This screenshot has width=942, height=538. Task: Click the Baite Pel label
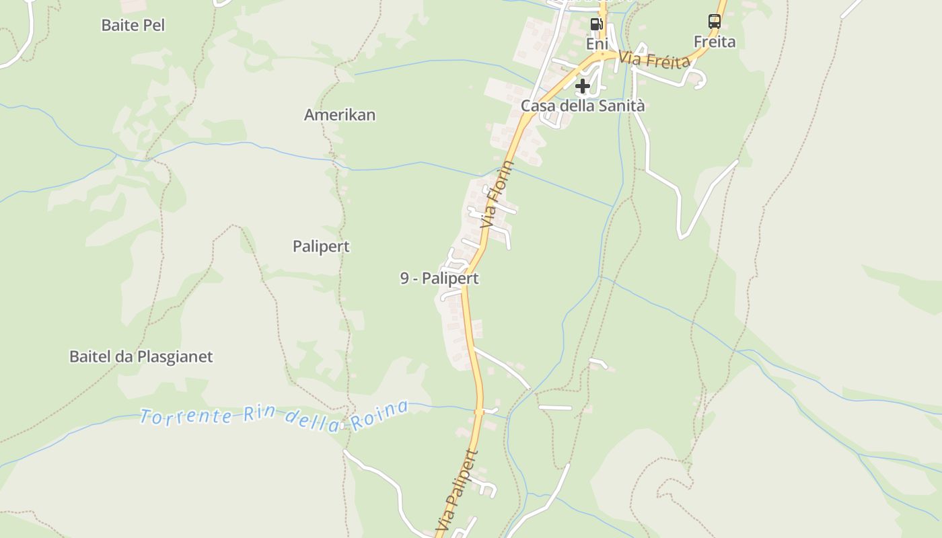coord(133,26)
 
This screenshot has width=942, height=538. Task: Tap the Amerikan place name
coord(340,115)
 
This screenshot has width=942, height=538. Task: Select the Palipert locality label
coord(321,247)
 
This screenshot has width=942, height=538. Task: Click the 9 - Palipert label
coord(439,278)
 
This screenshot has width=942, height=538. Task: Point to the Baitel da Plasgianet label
coord(141,356)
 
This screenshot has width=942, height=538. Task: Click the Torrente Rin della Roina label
coord(275,416)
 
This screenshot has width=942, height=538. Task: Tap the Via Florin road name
coord(498,194)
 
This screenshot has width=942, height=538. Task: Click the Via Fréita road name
coord(655,60)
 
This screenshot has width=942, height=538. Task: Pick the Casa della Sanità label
coord(583,106)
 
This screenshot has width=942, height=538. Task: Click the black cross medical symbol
coord(583,86)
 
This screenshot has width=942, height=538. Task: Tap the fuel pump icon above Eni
coord(596,24)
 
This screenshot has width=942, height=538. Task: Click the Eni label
coord(597,44)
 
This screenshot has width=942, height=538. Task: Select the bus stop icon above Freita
coord(715,22)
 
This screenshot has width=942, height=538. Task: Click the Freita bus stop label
coord(715,42)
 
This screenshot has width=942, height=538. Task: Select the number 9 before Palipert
coord(404,278)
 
